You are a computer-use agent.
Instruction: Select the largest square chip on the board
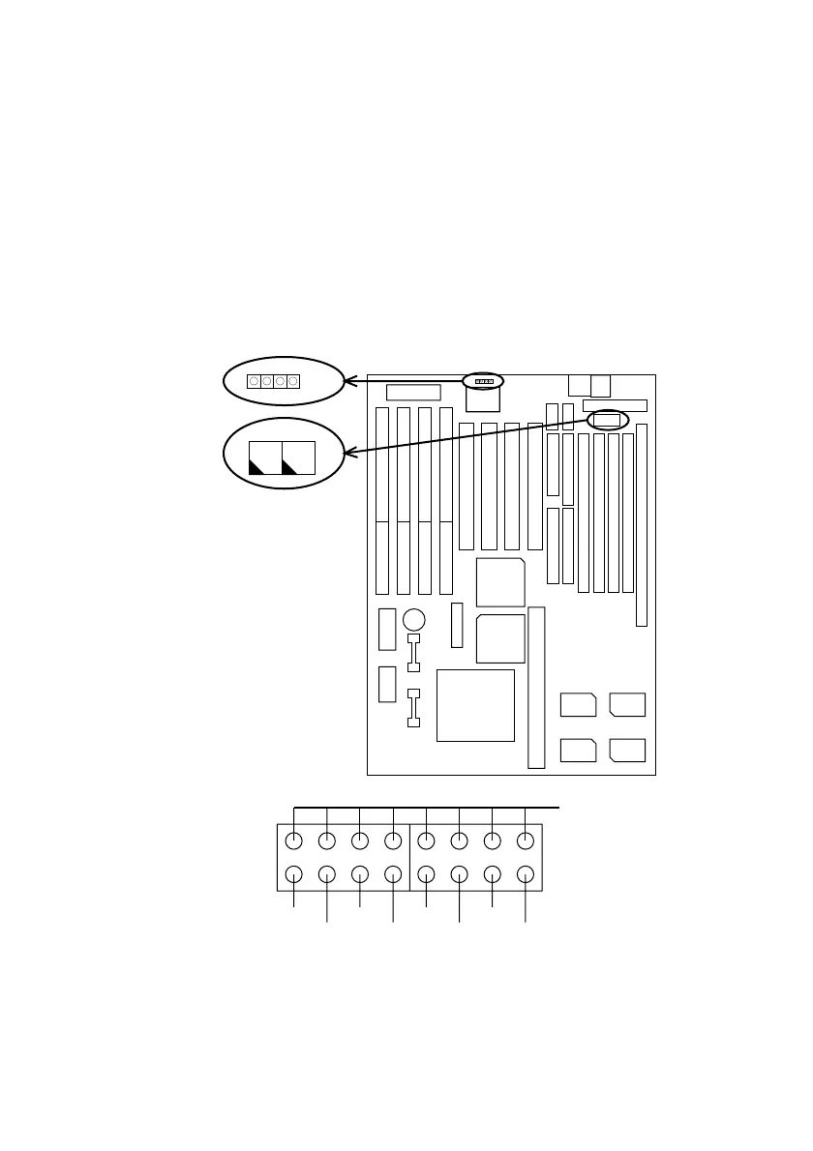pyautogui.click(x=475, y=705)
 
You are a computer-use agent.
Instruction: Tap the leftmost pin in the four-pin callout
pyautogui.click(x=254, y=381)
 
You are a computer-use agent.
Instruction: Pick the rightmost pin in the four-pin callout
pyautogui.click(x=292, y=381)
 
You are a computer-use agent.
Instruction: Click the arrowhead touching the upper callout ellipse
pyautogui.click(x=351, y=379)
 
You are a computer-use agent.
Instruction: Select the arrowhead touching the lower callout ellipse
pyautogui.click(x=349, y=453)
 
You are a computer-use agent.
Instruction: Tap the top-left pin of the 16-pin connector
pyautogui.click(x=295, y=841)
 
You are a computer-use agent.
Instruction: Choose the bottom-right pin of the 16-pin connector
pyautogui.click(x=525, y=875)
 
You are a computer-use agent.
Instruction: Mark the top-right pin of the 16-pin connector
pyautogui.click(x=525, y=841)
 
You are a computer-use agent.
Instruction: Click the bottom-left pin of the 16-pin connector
pyautogui.click(x=295, y=875)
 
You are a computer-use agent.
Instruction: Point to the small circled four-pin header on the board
pyautogui.click(x=483, y=381)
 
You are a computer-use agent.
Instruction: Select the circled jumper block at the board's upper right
pyautogui.click(x=607, y=419)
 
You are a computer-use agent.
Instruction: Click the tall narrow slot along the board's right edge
pyautogui.click(x=641, y=523)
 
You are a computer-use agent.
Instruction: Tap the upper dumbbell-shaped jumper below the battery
pyautogui.click(x=414, y=652)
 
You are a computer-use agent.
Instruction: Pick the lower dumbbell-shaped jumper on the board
pyautogui.click(x=414, y=707)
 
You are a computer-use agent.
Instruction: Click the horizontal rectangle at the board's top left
pyautogui.click(x=413, y=392)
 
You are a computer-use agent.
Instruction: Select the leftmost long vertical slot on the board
pyautogui.click(x=382, y=500)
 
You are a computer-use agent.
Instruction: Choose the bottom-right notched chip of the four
pyautogui.click(x=628, y=750)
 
